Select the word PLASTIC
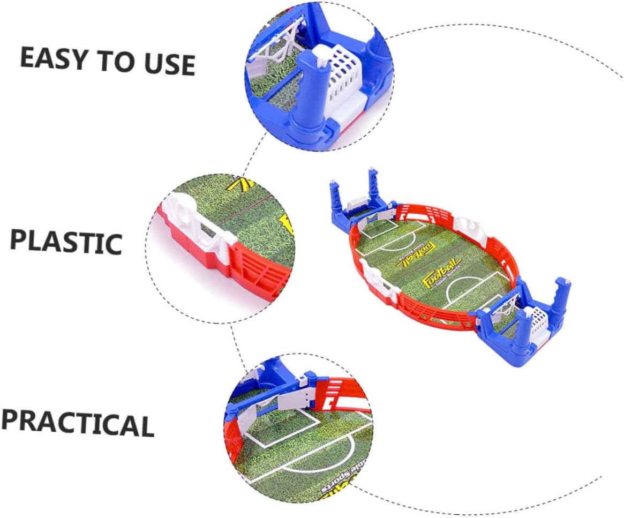click(x=66, y=242)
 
